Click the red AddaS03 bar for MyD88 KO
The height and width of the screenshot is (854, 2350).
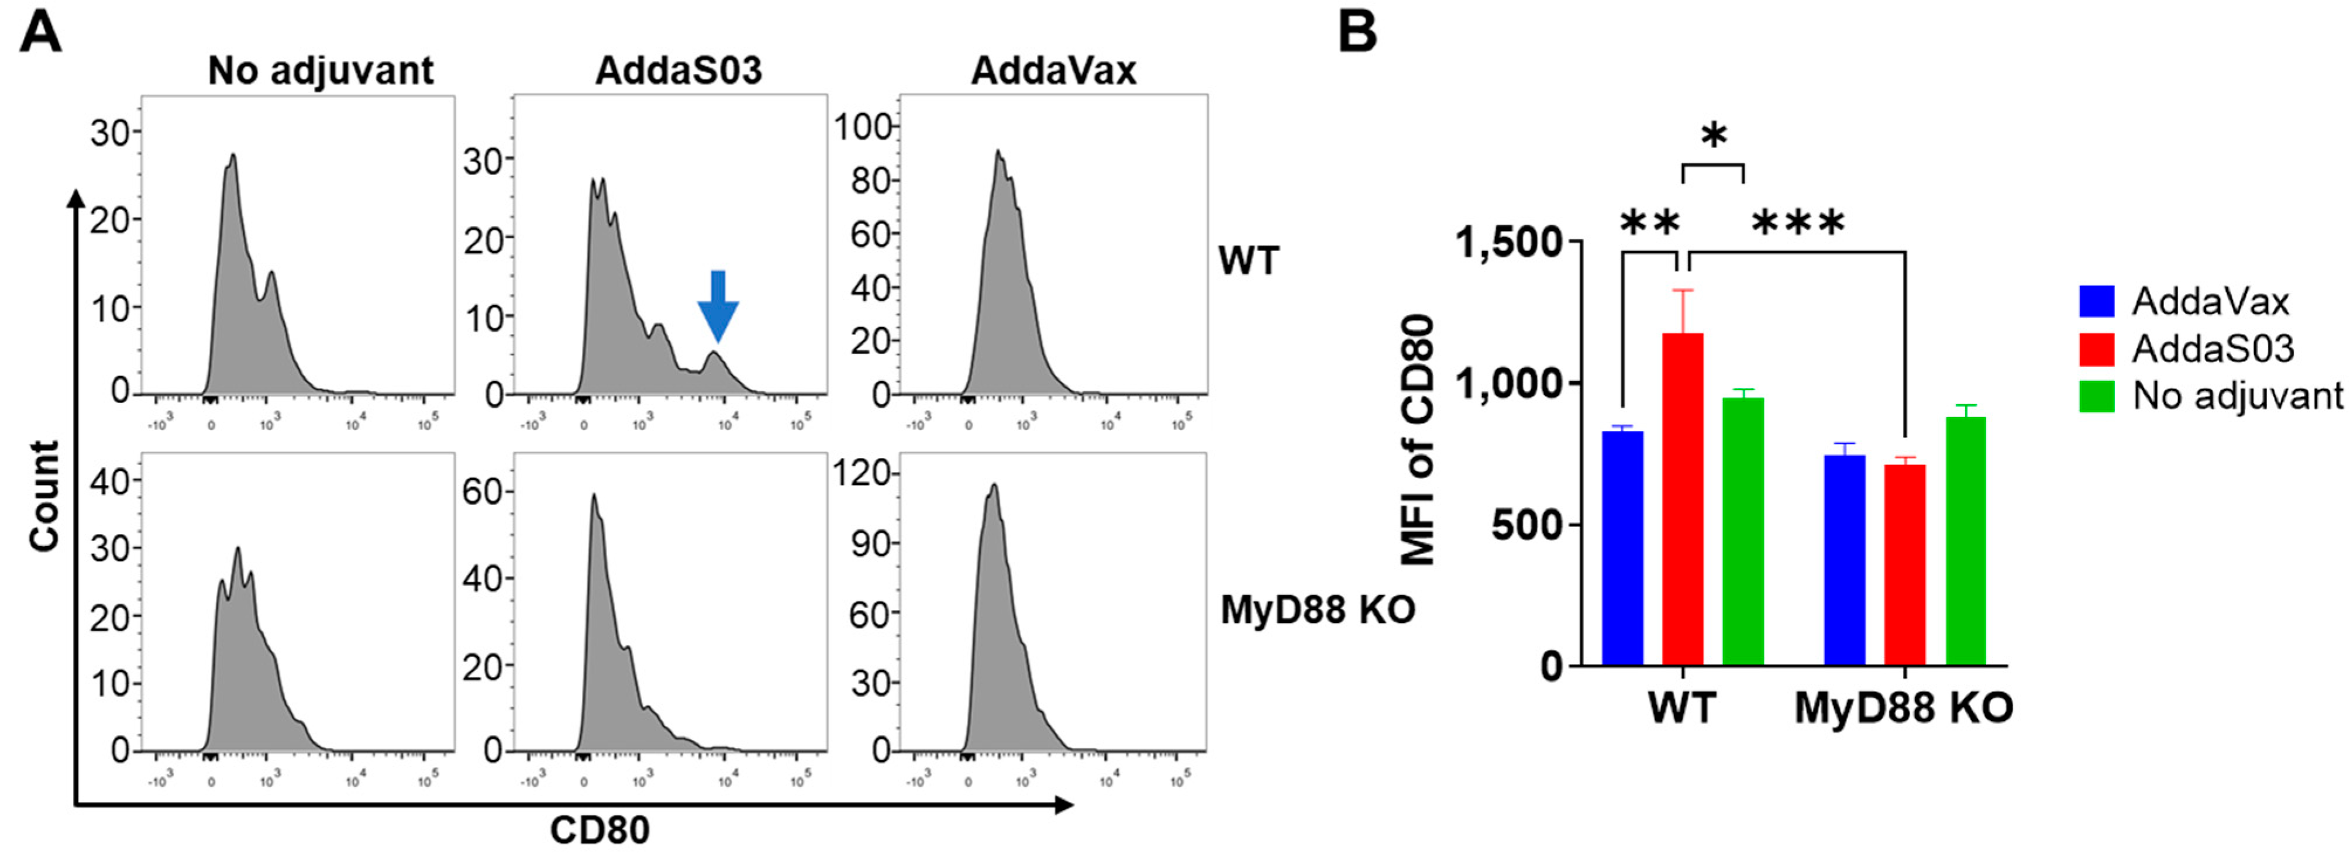1905,565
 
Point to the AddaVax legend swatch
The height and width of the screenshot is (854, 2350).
2096,301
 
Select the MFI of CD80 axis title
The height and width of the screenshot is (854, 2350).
1418,440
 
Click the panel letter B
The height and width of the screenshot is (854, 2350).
1357,32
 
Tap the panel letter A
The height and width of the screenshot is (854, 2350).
40,34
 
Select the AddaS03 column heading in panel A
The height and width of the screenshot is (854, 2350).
678,70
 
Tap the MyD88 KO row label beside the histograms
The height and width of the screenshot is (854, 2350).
1317,609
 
